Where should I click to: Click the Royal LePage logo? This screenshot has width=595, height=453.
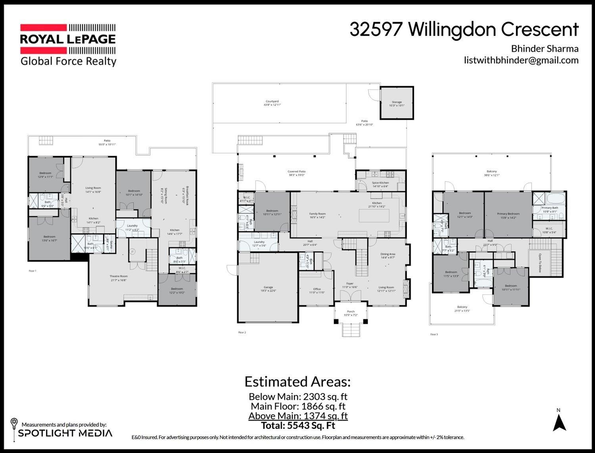point(68,39)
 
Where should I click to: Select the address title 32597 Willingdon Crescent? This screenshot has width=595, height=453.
point(464,30)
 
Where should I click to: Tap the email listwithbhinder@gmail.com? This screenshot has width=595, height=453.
point(521,60)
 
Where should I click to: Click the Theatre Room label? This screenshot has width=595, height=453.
point(119,278)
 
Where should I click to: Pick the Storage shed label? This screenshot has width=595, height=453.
point(397,104)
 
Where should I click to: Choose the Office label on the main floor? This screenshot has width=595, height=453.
point(317,291)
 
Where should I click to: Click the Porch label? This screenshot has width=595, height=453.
point(351,313)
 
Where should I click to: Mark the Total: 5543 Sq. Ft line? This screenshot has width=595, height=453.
point(298,426)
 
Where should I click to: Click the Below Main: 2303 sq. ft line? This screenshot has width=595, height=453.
point(298,396)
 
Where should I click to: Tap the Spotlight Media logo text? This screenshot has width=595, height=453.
point(65,433)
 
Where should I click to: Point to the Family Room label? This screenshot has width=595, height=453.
point(317,215)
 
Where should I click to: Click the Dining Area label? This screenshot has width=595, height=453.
point(388,256)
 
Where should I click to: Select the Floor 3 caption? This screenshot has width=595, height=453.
point(434,334)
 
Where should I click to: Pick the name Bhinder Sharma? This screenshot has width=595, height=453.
point(544,49)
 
